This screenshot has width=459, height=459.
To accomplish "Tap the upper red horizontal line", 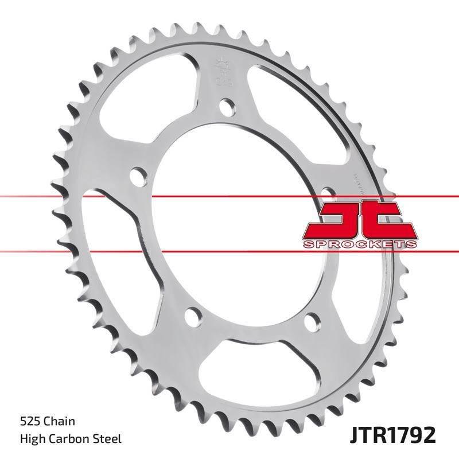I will pyautogui.click(x=86, y=197).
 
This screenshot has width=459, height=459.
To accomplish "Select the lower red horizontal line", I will pyautogui.click(x=86, y=251).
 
